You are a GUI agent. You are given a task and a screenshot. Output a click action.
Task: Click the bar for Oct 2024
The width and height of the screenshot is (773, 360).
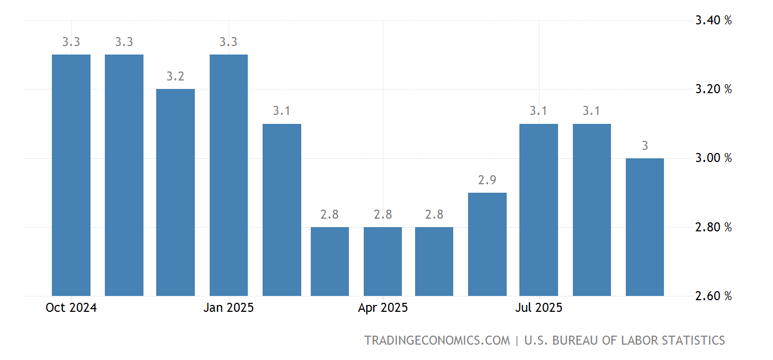71,175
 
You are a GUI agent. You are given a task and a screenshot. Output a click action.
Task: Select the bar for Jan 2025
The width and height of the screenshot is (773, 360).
229,175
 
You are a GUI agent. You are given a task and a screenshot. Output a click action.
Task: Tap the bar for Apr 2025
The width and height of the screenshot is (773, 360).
383,261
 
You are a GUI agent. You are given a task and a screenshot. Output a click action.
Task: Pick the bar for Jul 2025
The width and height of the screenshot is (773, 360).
538,209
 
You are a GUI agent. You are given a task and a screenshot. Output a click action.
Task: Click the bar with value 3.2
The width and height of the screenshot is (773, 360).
175,192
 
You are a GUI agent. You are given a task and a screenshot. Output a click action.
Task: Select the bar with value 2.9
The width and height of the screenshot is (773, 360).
487,244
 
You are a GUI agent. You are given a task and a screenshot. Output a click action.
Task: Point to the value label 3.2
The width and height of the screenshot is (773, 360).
175,76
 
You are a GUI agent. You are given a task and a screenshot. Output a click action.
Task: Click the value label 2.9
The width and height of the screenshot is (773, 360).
487,180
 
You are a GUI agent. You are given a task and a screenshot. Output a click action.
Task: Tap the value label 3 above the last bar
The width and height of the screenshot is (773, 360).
645,146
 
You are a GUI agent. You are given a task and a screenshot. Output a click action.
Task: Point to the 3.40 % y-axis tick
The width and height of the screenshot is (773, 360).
713,21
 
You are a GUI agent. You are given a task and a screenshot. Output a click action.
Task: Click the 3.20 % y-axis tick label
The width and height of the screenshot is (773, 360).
713,89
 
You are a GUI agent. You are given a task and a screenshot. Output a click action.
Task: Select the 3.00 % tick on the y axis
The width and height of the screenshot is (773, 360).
713,158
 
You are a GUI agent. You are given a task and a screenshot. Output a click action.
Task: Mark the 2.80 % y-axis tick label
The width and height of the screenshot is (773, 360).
713,227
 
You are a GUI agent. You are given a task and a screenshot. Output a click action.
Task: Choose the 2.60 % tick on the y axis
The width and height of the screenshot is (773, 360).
713,296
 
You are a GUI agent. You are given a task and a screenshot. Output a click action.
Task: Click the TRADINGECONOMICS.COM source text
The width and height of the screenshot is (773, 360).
437,340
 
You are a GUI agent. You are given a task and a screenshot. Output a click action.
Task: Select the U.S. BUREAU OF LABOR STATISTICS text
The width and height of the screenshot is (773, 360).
624,340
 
